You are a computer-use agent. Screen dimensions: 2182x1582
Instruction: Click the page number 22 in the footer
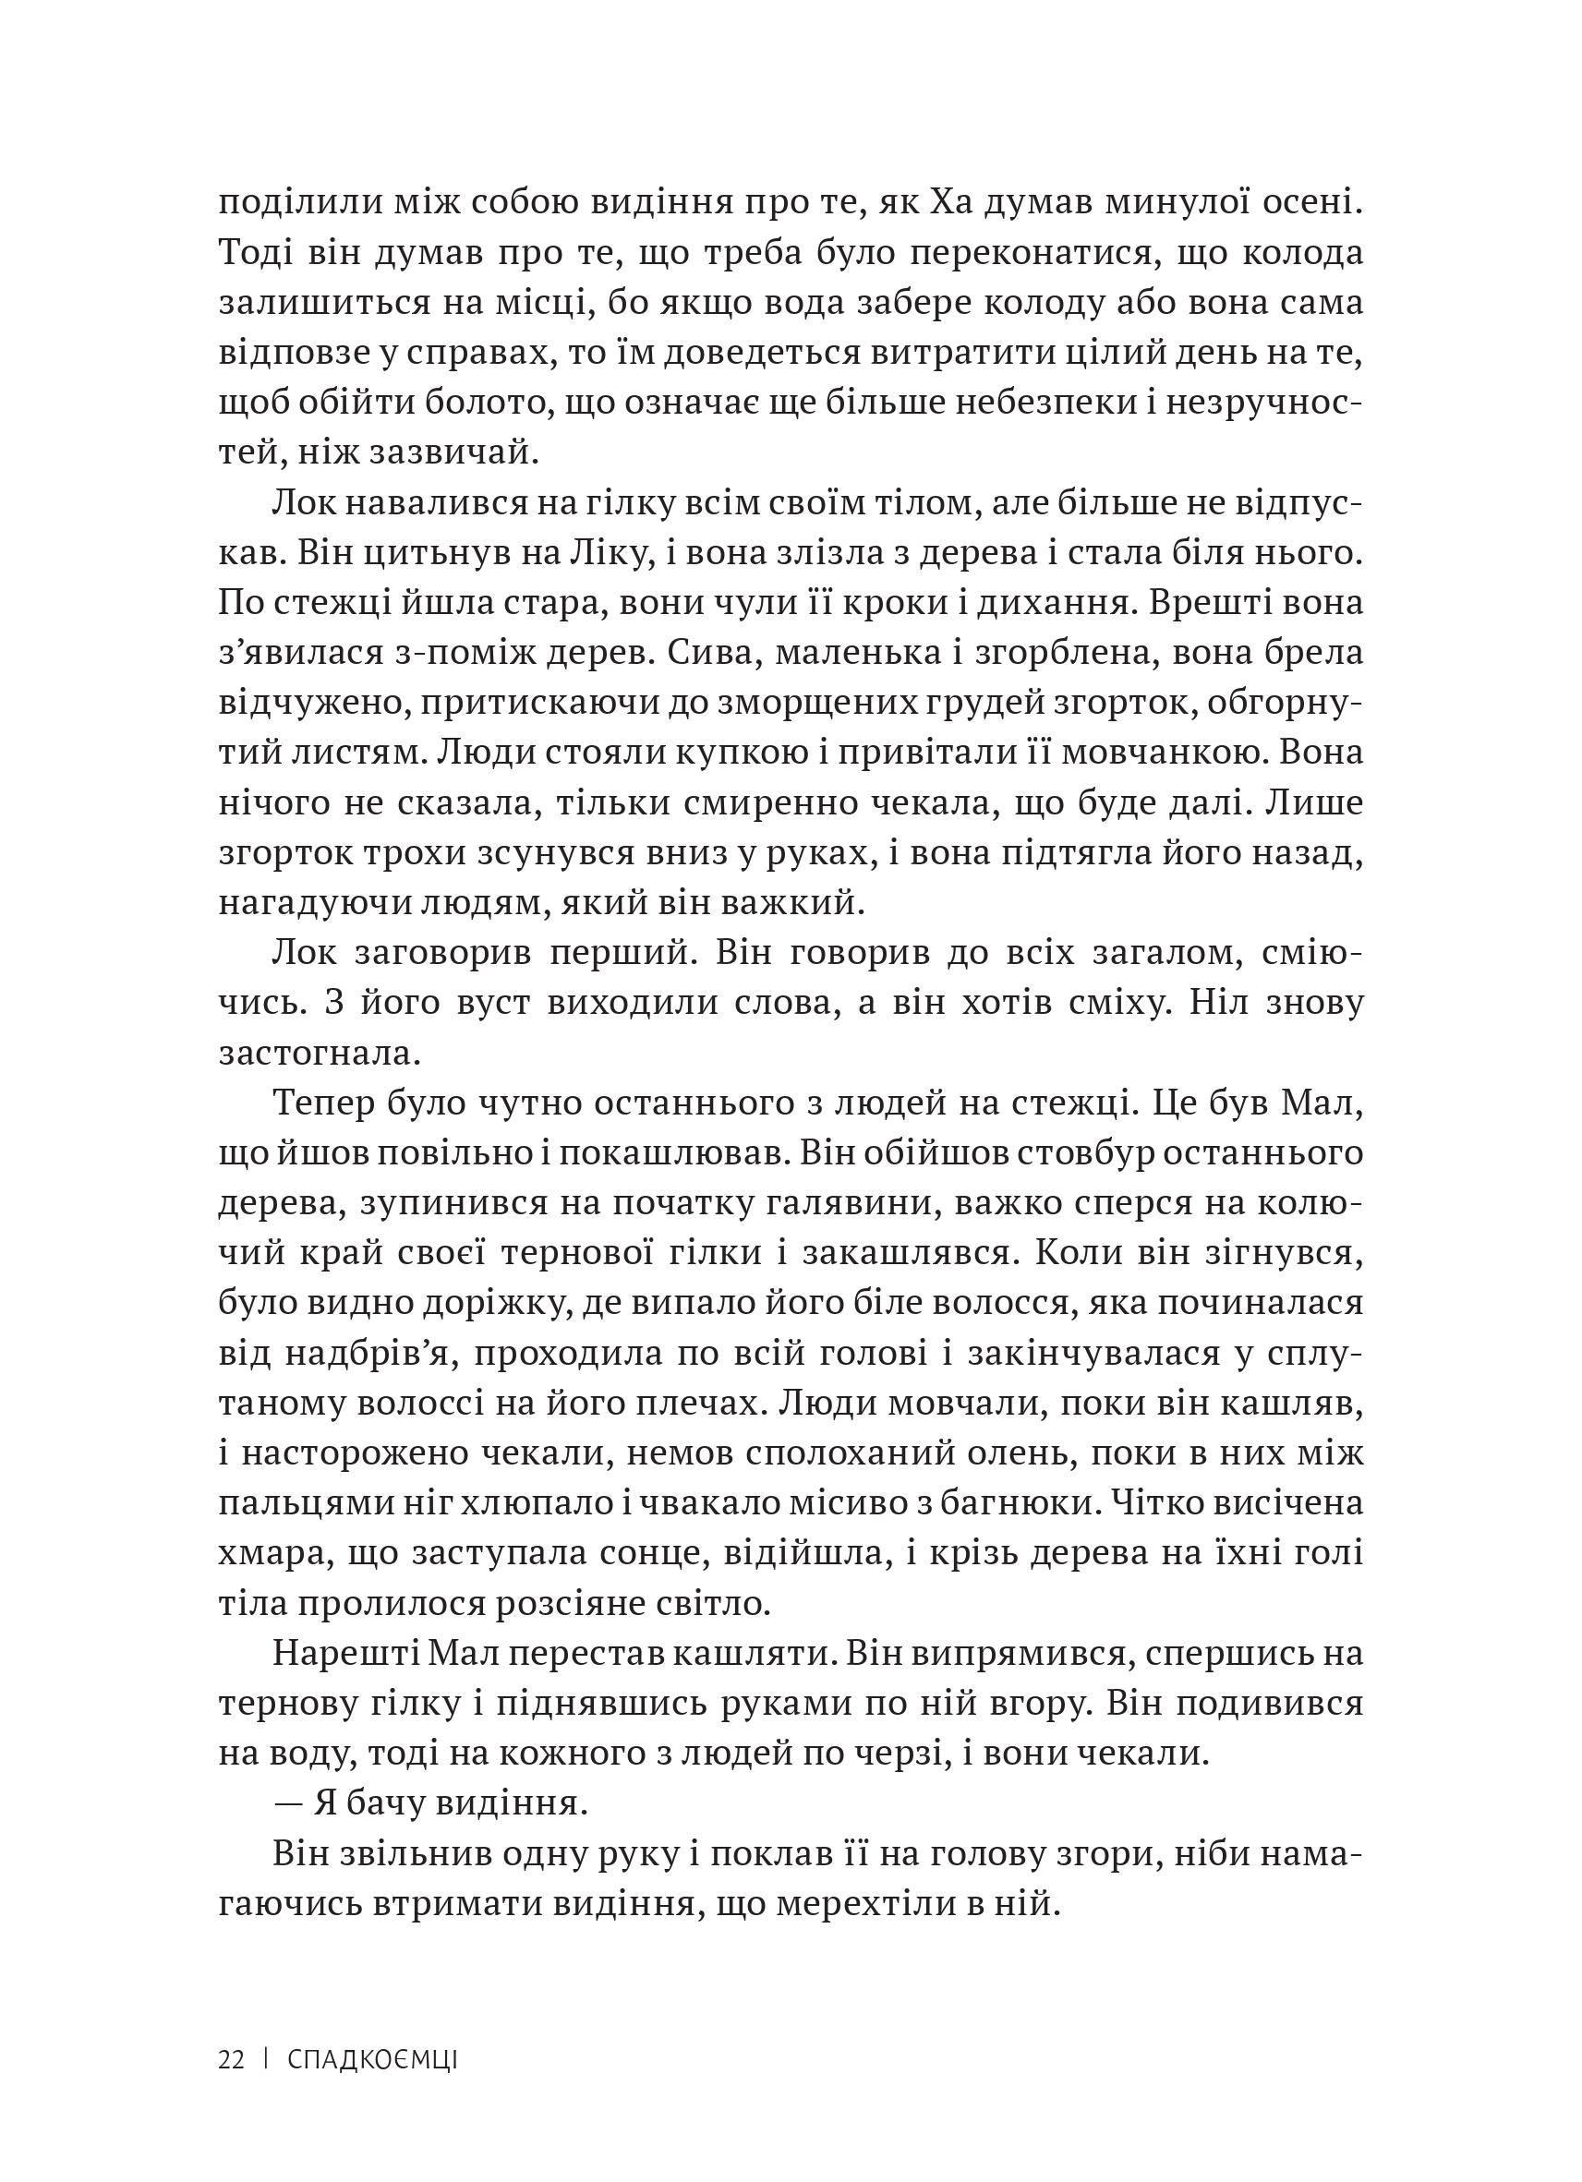(231, 2060)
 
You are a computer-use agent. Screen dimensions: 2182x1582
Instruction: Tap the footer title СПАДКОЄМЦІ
(372, 2060)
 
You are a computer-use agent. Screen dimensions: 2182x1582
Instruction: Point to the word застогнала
(320, 1054)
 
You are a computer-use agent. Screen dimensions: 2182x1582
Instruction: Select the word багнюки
(1032, 1503)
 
